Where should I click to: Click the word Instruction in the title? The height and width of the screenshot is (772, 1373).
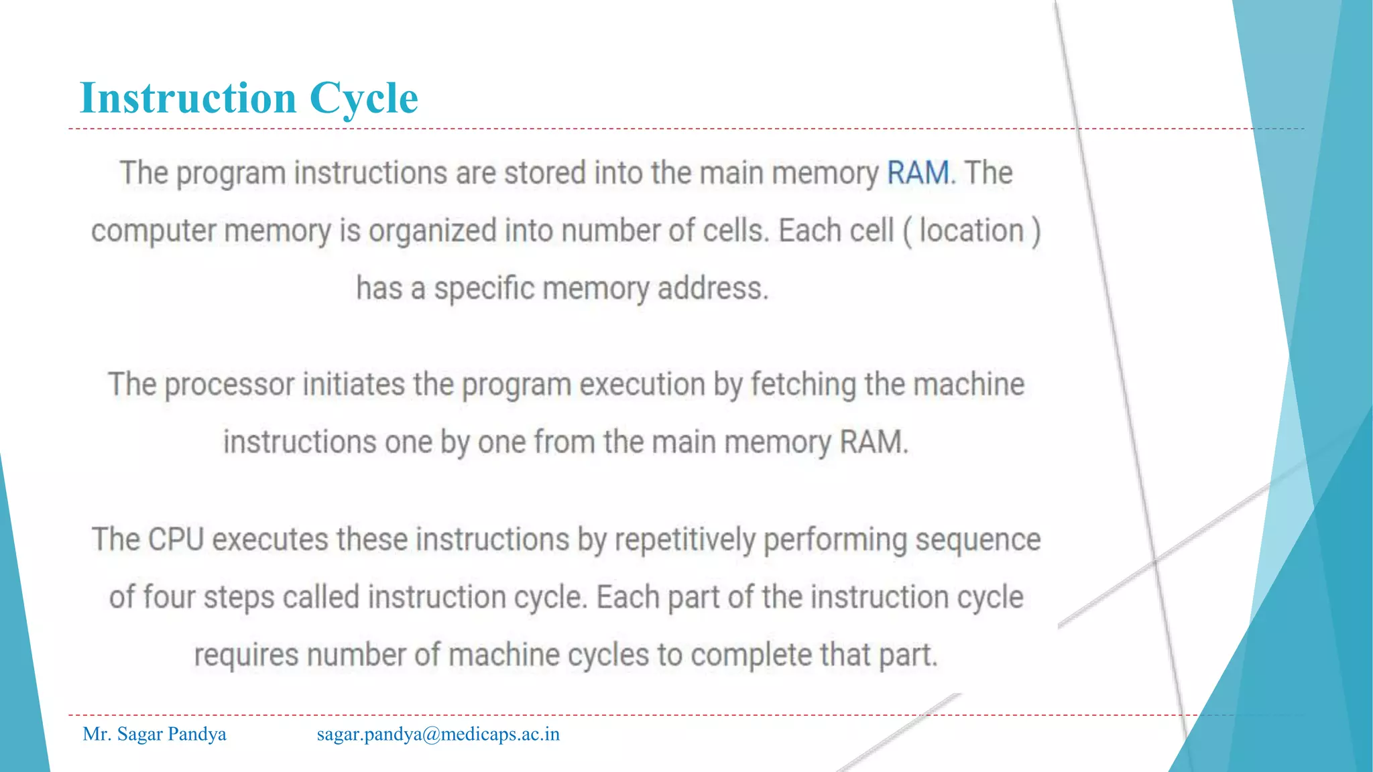pos(188,98)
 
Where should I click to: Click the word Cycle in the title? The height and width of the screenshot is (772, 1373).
pos(363,99)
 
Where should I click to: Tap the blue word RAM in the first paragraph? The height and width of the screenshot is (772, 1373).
pos(918,173)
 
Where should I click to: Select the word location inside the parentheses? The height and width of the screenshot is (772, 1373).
pos(971,231)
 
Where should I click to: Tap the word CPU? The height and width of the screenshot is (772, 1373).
pos(176,539)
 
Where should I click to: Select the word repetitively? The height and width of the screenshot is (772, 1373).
pos(684,540)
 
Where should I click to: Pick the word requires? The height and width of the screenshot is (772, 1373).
pos(246,655)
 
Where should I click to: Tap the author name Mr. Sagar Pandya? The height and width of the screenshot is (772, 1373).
pos(154,734)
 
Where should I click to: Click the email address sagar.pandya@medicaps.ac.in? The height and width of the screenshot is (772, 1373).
pos(438,734)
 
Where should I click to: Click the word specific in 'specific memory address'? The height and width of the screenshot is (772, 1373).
pos(483,289)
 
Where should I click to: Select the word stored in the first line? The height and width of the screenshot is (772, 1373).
pos(544,173)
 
